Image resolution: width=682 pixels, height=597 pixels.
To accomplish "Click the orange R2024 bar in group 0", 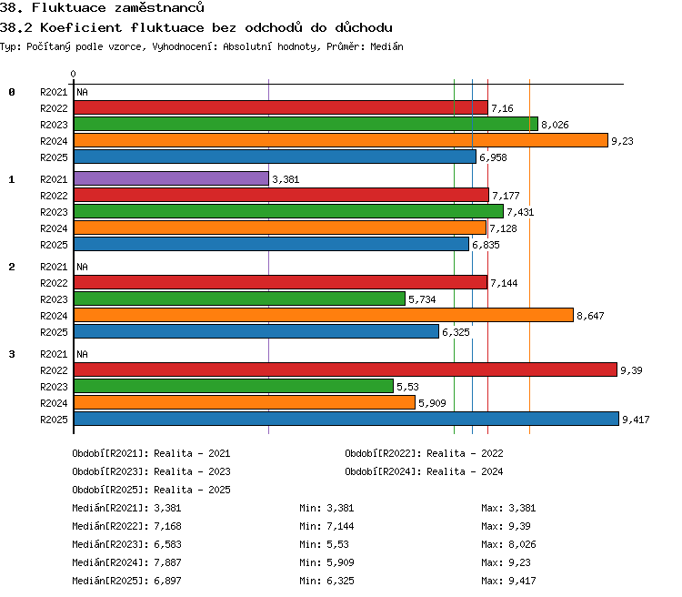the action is click(x=341, y=140).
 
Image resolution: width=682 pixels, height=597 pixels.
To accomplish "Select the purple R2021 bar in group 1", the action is click(x=171, y=178).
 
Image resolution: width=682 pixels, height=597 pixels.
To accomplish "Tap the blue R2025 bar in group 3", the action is click(x=346, y=419).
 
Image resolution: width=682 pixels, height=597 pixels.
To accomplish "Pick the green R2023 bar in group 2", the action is click(x=240, y=298).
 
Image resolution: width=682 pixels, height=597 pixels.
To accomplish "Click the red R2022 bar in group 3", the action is click(x=346, y=369).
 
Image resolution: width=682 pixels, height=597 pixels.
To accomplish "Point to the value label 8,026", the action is click(x=555, y=125).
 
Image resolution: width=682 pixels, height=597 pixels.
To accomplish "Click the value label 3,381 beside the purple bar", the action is click(x=286, y=179).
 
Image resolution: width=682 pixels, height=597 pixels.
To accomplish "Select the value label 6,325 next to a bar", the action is click(x=456, y=333).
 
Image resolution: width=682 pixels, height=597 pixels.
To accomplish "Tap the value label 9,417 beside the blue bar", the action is click(x=636, y=420).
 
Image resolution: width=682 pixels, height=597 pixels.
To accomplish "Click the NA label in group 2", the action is click(x=82, y=267).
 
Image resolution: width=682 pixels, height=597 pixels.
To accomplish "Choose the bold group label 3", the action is click(x=12, y=354).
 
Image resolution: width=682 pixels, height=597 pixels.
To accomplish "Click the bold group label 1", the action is click(x=12, y=179).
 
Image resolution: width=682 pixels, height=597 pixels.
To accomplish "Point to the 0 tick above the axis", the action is click(x=73, y=74).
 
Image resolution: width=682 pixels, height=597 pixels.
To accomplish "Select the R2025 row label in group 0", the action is click(x=54, y=157).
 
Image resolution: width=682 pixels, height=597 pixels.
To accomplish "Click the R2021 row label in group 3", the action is click(x=54, y=354).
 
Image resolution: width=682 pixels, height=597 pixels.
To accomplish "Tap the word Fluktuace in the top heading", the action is click(x=68, y=7).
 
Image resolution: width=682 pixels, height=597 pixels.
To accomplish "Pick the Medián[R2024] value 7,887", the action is click(x=167, y=562).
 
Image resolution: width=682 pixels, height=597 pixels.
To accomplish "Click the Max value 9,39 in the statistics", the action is click(x=519, y=526).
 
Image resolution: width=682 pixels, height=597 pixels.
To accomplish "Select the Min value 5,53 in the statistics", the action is click(x=337, y=544).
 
